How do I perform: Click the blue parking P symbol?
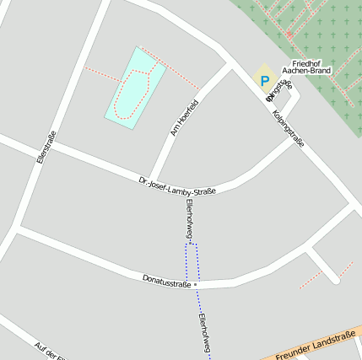click(264, 82)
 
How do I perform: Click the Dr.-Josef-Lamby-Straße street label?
click(177, 185)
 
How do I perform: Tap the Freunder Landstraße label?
click(315, 347)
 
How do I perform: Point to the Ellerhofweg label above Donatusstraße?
click(190, 221)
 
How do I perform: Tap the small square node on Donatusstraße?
click(195, 285)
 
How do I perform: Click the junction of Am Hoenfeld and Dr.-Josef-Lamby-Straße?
click(154, 175)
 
